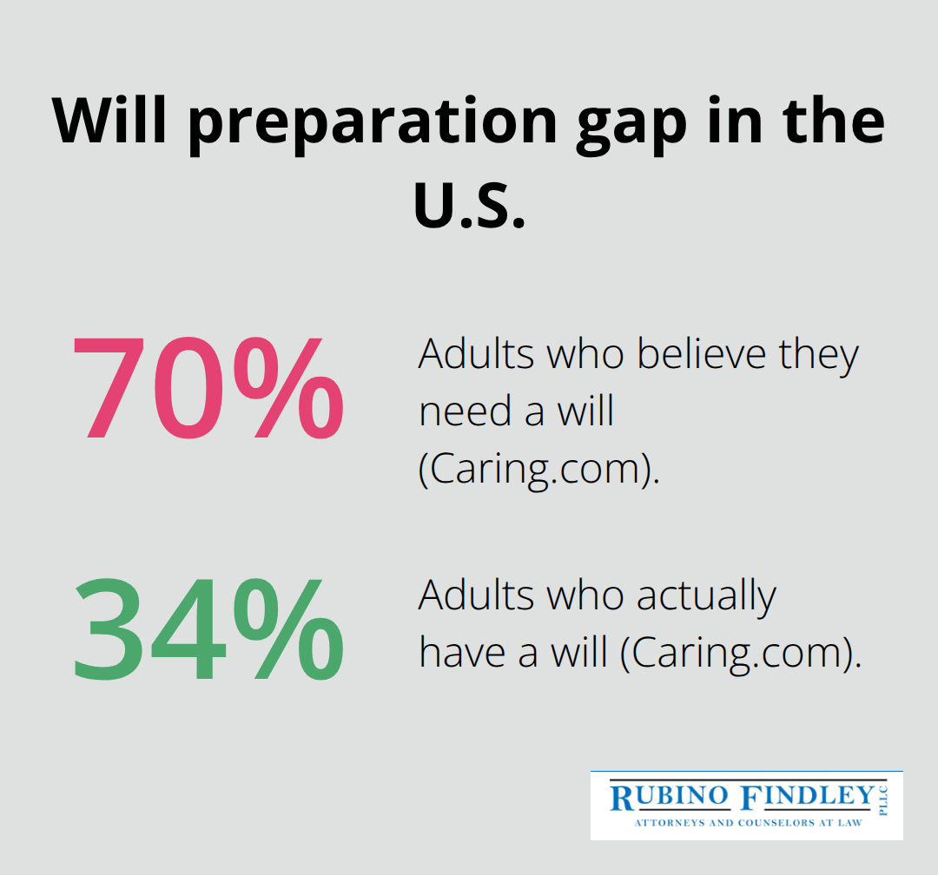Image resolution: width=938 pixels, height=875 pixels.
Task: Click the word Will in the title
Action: click(x=109, y=121)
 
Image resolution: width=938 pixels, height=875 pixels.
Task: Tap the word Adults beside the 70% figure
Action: click(x=472, y=355)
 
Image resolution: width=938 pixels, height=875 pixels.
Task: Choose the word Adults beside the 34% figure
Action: click(x=472, y=596)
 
